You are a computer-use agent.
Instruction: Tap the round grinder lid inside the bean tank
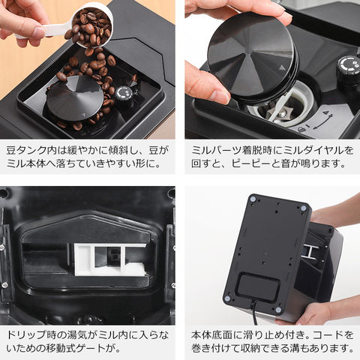[x=75, y=98]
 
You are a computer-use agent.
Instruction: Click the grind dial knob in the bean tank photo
[x=124, y=95]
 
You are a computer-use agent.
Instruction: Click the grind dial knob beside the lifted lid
[x=348, y=70]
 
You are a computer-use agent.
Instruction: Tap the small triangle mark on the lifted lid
[x=282, y=67]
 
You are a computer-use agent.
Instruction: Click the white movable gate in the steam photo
[x=110, y=259]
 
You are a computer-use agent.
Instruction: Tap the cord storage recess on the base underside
[x=259, y=287]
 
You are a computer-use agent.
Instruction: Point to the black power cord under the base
[x=254, y=313]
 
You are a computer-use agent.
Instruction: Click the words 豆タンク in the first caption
[x=26, y=151]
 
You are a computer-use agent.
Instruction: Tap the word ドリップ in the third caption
[x=26, y=335]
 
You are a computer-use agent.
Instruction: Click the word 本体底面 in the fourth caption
[x=211, y=335]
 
